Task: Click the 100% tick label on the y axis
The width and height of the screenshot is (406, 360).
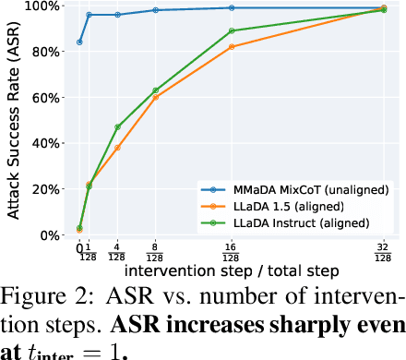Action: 44,6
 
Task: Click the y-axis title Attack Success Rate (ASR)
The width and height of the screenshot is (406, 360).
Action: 13,119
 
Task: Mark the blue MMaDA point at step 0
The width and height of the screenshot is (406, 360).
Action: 79,42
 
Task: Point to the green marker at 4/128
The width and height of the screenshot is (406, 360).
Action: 117,126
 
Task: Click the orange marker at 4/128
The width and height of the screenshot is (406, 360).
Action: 117,148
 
